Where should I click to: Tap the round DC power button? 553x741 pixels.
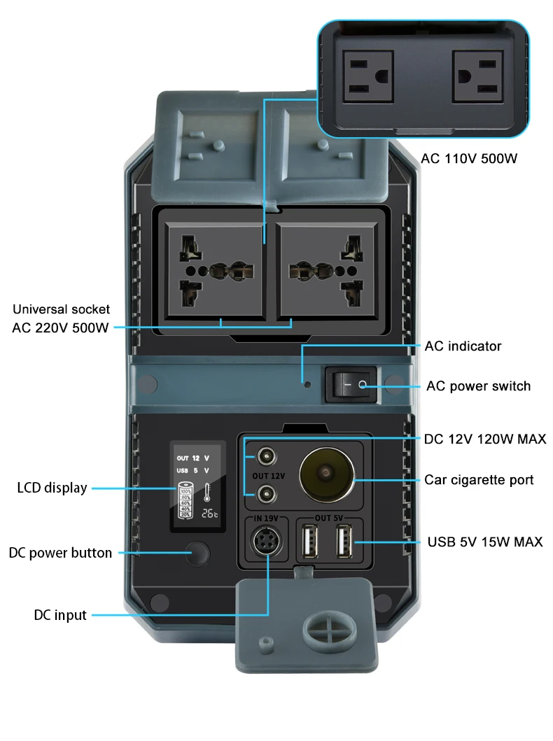198,553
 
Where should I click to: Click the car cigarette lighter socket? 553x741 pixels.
327,477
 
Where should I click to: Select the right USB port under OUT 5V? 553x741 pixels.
344,542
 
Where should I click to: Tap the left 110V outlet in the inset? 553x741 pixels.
365,76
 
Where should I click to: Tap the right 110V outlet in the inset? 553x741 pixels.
477,76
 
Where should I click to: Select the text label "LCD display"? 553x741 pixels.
52,488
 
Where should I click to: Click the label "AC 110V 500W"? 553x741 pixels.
469,159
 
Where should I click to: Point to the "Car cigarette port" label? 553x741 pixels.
479,479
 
